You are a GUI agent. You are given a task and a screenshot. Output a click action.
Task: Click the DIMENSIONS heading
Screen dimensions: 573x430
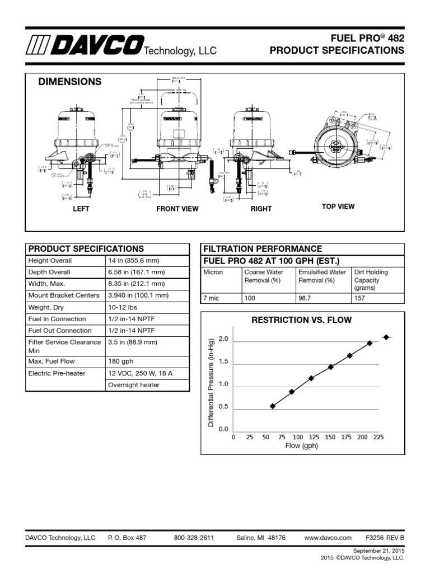[69, 82]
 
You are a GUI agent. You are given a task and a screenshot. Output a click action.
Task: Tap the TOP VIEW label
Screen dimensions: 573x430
[338, 206]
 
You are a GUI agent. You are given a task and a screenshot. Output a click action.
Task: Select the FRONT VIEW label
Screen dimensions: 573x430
[177, 209]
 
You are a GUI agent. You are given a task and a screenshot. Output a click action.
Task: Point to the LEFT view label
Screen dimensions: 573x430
[81, 209]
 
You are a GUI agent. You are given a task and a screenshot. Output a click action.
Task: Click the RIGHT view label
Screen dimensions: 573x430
[261, 209]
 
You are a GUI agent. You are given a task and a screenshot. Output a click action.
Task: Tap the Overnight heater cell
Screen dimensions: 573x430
[134, 385]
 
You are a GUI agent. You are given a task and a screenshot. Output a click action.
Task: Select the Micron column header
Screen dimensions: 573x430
[213, 273]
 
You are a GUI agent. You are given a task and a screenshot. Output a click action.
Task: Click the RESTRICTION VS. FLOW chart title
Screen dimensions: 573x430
[302, 320]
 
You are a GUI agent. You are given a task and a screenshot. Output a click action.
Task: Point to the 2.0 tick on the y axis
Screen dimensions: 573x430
[223, 340]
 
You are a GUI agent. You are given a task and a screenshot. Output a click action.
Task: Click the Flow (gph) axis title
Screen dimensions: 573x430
[301, 446]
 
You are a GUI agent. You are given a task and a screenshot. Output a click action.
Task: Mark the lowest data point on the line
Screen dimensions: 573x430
[273, 406]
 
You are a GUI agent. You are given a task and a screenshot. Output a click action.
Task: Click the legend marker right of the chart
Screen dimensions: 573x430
[386, 337]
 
